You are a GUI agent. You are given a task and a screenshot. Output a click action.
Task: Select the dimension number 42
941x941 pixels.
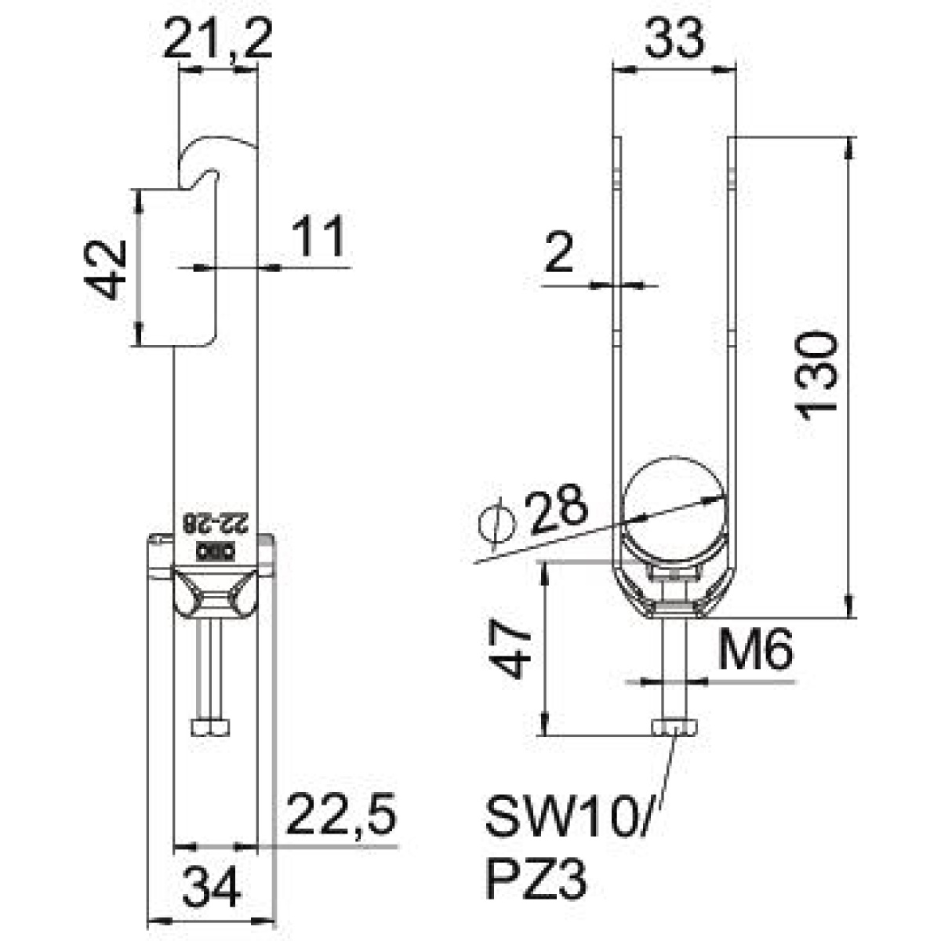tap(107, 269)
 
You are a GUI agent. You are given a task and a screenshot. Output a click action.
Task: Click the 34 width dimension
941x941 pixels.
tap(213, 886)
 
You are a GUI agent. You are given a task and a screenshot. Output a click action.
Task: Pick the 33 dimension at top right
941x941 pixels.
tap(674, 39)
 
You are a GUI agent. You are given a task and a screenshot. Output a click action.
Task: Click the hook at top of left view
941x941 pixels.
tap(212, 157)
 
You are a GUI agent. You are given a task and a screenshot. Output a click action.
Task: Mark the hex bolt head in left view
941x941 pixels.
tap(212, 728)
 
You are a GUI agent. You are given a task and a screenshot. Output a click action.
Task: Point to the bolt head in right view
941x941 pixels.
tap(674, 728)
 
